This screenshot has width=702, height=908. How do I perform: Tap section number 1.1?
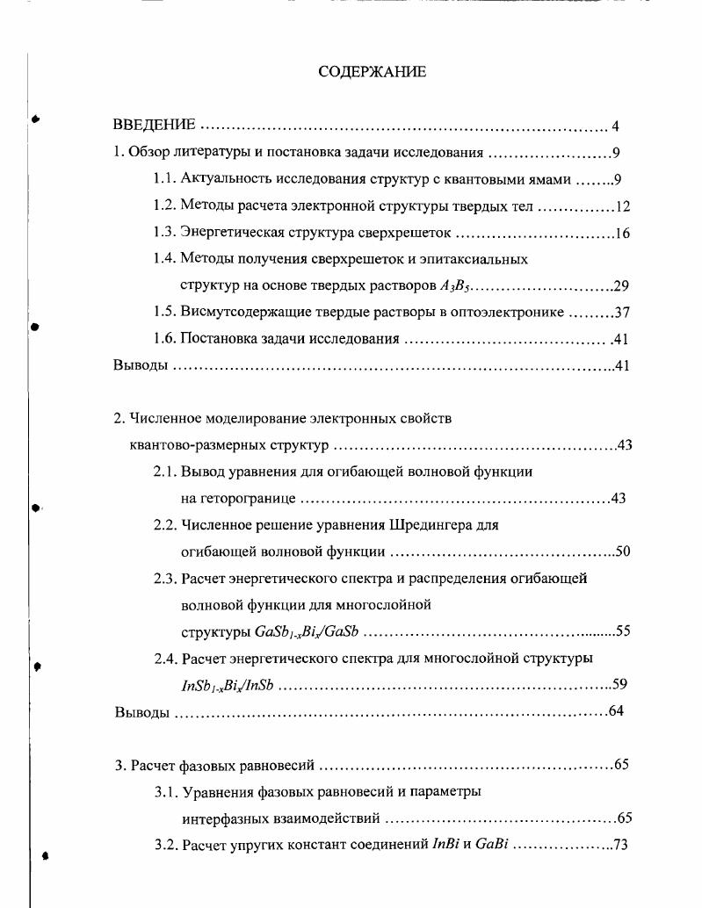[x=165, y=180]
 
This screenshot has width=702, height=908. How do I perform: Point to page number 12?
[x=622, y=207]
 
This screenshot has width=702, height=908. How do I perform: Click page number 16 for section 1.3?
[x=622, y=234]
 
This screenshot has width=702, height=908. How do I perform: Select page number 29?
[x=621, y=286]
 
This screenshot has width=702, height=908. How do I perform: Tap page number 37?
[x=622, y=313]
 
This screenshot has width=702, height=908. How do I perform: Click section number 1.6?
[x=165, y=339]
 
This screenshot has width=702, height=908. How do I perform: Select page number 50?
[x=623, y=551]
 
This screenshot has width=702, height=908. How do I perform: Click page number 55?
[x=623, y=631]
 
